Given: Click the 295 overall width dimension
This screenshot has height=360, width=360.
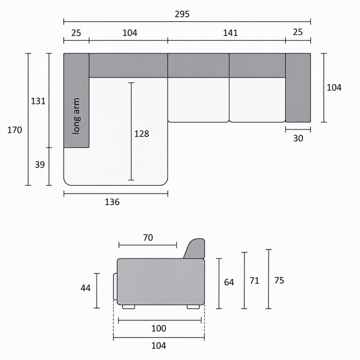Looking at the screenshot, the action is (182, 14).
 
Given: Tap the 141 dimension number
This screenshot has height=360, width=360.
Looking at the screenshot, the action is (231, 33).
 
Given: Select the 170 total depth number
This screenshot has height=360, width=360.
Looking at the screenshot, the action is (15, 130).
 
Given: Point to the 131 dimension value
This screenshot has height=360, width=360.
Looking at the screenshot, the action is (38, 101).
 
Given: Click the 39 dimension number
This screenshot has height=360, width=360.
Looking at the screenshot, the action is (40, 165).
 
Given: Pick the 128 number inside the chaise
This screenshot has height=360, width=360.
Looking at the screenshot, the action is (142, 133).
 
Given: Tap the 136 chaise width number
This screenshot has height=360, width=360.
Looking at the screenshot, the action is (112, 202).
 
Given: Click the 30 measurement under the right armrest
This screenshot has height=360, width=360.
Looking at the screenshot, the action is (298, 138).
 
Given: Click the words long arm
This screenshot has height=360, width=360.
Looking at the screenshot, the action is (76, 116).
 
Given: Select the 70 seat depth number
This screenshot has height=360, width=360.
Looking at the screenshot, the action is (148, 238).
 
